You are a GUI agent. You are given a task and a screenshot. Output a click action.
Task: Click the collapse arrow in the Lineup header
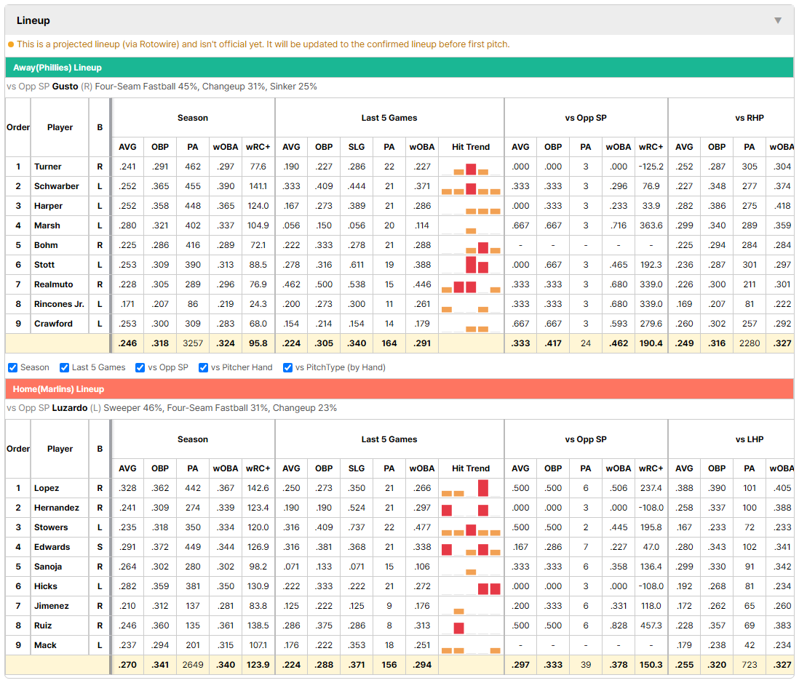[x=778, y=20]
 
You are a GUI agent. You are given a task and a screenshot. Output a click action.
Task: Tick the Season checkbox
[x=13, y=367]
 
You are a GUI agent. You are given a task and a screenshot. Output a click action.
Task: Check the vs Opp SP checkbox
[x=140, y=367]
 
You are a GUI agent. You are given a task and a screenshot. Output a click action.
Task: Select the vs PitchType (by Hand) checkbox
[x=288, y=367]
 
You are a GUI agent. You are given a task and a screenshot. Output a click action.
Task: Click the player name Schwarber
[x=57, y=186]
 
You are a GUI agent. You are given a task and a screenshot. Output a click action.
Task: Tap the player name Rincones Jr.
[x=59, y=304]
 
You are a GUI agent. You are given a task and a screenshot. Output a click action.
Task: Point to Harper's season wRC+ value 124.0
[x=258, y=206]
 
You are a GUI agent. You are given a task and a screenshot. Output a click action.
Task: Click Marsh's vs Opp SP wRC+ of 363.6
[x=651, y=225]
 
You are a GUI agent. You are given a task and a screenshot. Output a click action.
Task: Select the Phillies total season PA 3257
[x=193, y=343]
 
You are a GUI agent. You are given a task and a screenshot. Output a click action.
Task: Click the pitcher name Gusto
[x=65, y=87]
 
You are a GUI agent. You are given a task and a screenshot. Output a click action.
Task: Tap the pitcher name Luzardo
[x=70, y=408]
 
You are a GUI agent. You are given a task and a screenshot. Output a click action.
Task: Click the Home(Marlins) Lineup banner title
[x=59, y=389]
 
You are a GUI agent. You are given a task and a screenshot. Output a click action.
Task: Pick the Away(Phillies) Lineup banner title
[x=57, y=68]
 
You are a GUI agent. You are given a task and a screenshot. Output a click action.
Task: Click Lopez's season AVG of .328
[x=127, y=488]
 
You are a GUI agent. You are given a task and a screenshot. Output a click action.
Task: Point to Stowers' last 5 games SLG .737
[x=357, y=527]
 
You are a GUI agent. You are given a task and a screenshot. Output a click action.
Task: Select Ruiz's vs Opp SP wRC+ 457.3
[x=651, y=626]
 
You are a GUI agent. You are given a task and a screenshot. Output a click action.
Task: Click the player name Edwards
[x=52, y=547]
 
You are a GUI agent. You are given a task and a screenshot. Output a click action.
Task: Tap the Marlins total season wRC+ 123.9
[x=258, y=665]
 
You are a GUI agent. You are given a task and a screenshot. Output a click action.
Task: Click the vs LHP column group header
[x=750, y=439]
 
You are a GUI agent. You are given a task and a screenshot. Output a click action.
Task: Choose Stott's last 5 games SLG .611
[x=357, y=265]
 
